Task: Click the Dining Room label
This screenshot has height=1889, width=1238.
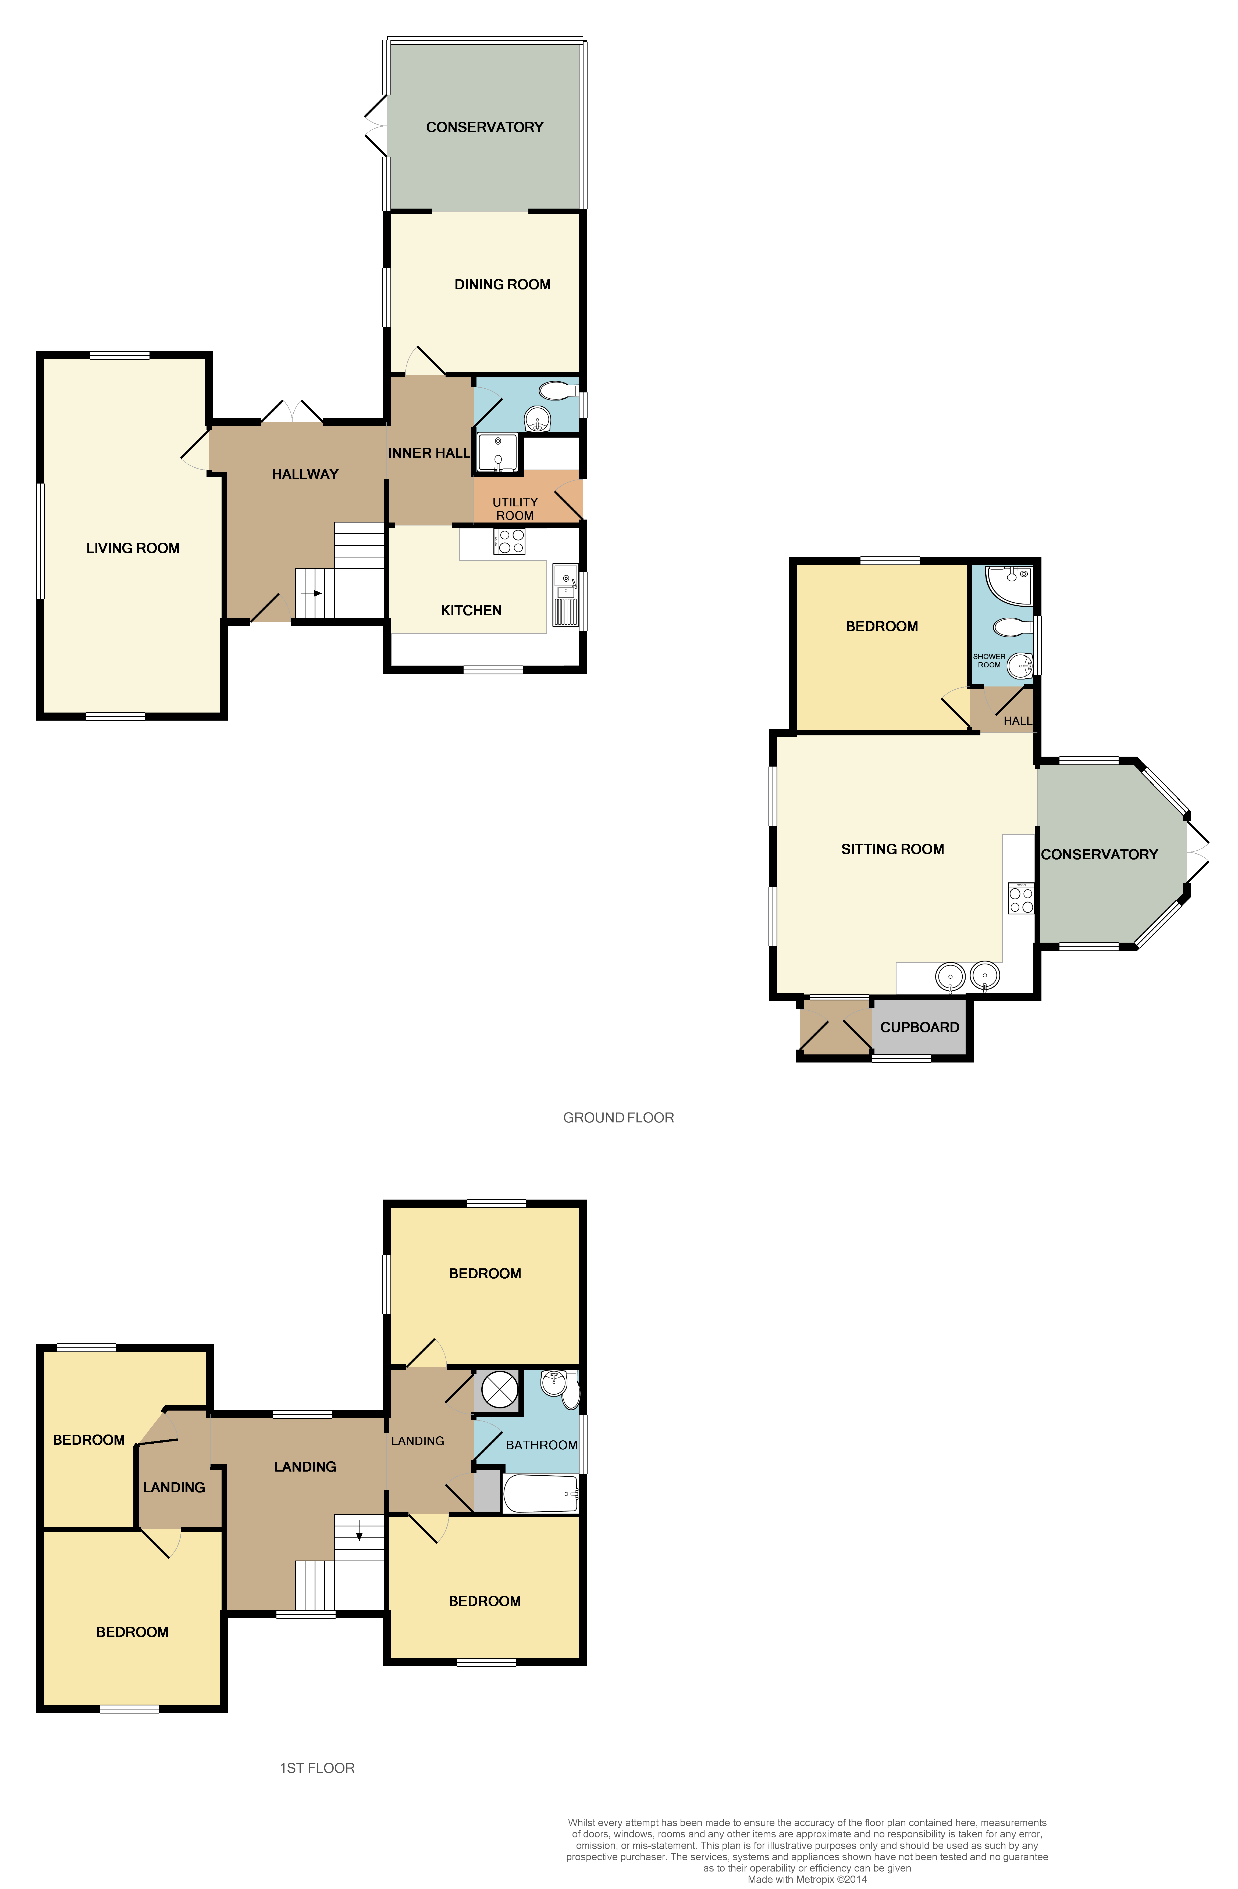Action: (502, 284)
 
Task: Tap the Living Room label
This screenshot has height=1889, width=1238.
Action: (133, 548)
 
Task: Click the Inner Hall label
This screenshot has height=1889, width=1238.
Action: (429, 452)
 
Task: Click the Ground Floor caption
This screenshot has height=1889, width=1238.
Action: (618, 1118)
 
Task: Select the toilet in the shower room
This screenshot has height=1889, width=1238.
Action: (1010, 628)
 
